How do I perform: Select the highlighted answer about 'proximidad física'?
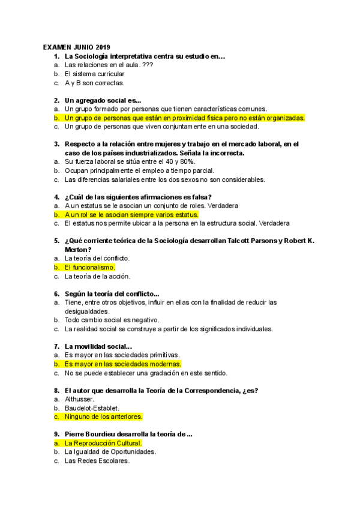click(x=185, y=118)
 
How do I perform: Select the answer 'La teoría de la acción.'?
click(x=97, y=277)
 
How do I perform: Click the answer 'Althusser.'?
click(x=81, y=399)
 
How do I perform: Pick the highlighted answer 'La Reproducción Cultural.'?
click(x=103, y=443)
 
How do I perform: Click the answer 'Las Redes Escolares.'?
click(x=97, y=461)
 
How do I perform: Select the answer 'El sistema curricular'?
click(x=95, y=74)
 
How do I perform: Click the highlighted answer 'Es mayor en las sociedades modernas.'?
click(x=122, y=364)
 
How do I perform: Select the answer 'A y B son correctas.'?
click(x=94, y=83)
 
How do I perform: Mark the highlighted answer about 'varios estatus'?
click(x=131, y=214)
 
